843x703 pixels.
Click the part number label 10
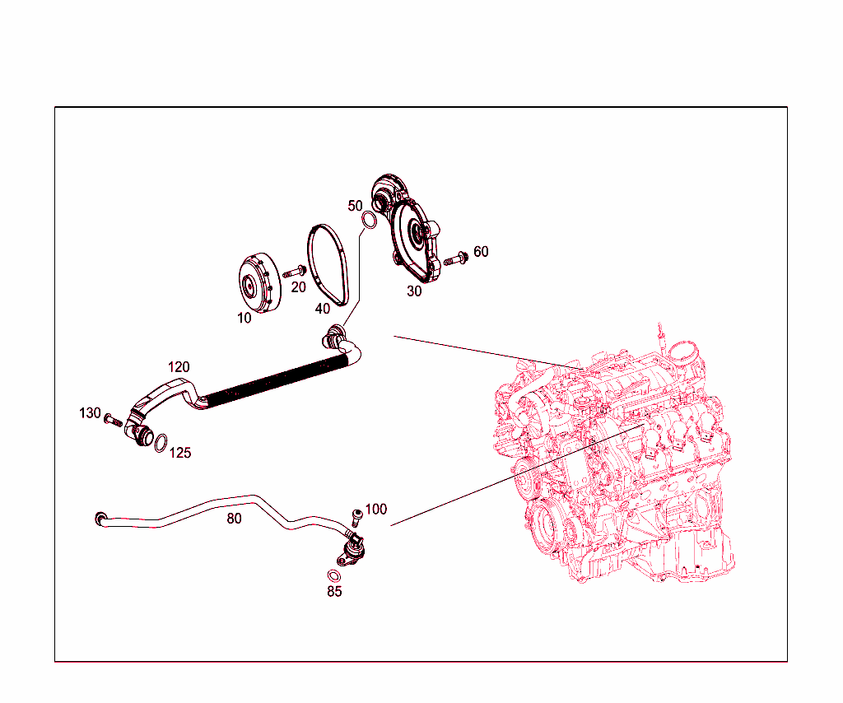(245, 318)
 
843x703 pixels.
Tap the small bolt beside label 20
(295, 271)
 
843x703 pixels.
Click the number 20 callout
(298, 287)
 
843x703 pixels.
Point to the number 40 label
(323, 309)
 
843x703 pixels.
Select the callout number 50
(355, 205)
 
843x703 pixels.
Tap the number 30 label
(414, 291)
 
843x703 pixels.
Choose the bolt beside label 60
(454, 259)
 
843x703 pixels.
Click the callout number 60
(481, 251)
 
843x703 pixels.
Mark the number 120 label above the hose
(179, 367)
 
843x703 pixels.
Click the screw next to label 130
(114, 421)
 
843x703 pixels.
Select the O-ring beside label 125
(162, 443)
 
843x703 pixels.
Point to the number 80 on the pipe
(235, 519)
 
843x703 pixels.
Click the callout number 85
(334, 592)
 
